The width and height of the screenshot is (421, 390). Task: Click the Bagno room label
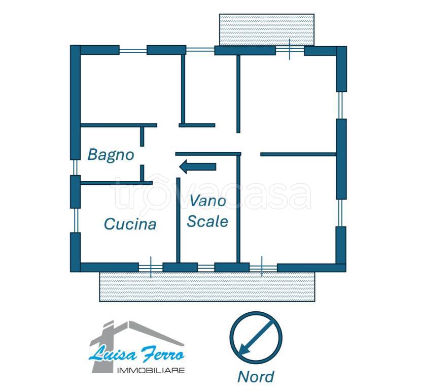[x=111, y=155]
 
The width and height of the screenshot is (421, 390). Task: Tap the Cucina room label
[x=130, y=224]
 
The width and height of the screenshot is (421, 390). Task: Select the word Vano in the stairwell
[x=208, y=201]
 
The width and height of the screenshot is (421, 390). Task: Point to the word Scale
[x=207, y=221]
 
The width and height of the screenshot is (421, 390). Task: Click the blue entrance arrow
[x=198, y=167]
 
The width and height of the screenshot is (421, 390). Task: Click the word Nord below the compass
[x=256, y=376]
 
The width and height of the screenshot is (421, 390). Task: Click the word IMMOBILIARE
[x=151, y=371]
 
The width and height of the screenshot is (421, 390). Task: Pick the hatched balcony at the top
[x=267, y=30]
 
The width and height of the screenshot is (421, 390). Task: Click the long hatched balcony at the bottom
[x=207, y=286]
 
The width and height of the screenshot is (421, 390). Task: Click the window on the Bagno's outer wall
[x=75, y=167]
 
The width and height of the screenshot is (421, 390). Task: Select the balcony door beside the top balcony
[x=290, y=50]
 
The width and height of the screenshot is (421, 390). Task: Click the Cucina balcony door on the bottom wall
[x=151, y=268]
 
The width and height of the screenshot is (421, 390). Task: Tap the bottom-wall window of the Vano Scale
[x=206, y=268]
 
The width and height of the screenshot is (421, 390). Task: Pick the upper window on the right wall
[x=340, y=105]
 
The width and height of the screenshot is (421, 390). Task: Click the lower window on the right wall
[x=340, y=213]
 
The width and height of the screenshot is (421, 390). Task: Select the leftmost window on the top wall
[x=133, y=50]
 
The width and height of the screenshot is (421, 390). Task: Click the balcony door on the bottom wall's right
[x=263, y=268]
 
